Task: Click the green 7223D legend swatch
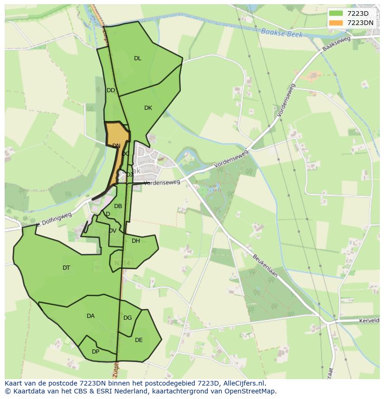(x=336, y=13)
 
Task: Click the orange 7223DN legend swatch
(x=336, y=23)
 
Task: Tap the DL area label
(x=138, y=58)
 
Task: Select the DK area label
(x=148, y=108)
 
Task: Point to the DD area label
(x=111, y=90)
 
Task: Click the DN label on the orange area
(x=116, y=146)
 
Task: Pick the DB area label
(x=118, y=206)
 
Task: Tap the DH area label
(x=136, y=241)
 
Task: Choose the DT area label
(x=66, y=268)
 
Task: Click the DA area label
(x=90, y=316)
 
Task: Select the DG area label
(x=128, y=318)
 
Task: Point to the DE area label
(x=139, y=340)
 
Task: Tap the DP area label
(x=96, y=352)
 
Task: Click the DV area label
(x=113, y=231)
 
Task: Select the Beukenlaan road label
(x=265, y=265)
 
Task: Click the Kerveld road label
(x=369, y=321)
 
